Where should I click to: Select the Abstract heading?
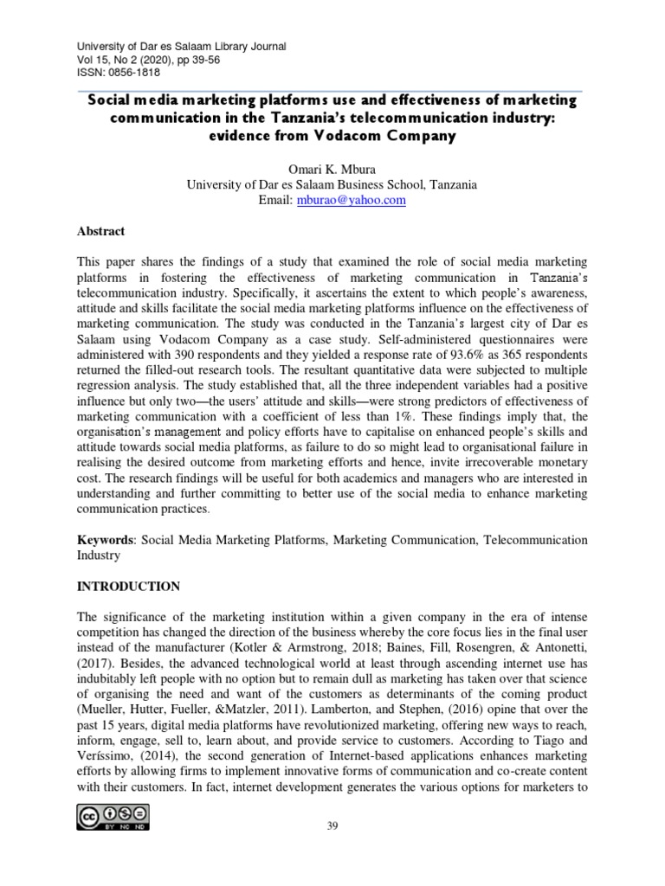tap(100, 232)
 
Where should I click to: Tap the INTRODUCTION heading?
tap(129, 586)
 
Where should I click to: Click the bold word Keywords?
tap(107, 540)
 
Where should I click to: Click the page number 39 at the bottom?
tap(332, 826)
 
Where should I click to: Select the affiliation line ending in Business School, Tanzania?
tap(332, 184)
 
